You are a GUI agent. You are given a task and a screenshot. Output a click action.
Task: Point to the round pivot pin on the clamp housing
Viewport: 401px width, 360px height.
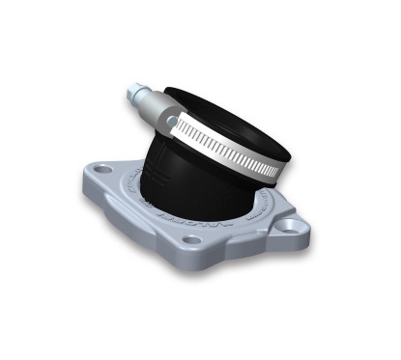pyautogui.click(x=172, y=123)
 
